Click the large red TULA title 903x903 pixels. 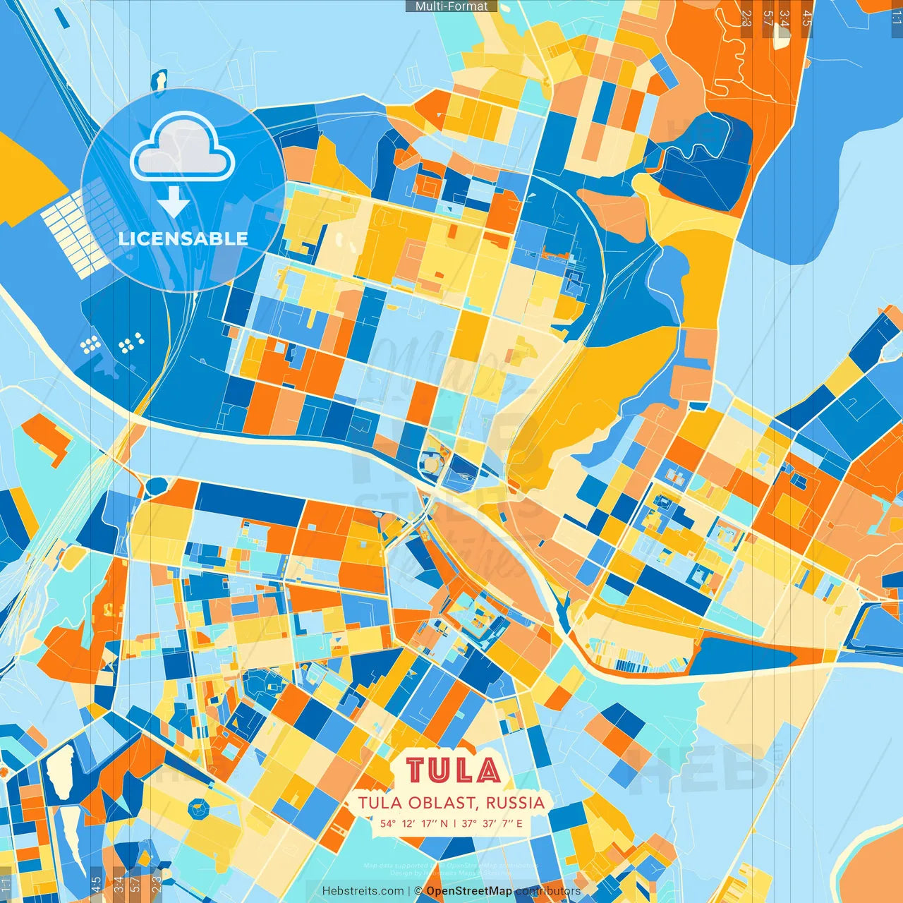453,770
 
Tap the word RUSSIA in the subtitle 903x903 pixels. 515,803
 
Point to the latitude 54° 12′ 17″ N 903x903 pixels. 414,823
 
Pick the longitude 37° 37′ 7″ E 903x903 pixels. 492,823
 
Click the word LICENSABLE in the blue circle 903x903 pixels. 183,238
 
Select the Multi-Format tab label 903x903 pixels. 451,6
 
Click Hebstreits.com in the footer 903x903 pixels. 363,891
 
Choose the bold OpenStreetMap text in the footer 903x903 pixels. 469,891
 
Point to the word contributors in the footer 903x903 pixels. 548,891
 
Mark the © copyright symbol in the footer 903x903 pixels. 418,891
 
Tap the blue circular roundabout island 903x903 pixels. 157,485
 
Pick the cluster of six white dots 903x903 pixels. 132,343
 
